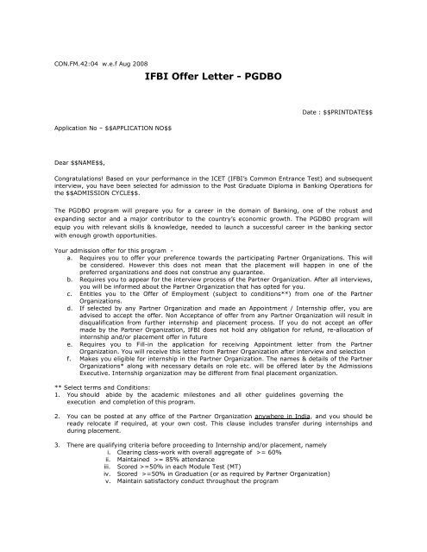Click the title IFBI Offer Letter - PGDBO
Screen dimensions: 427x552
tap(213, 77)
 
